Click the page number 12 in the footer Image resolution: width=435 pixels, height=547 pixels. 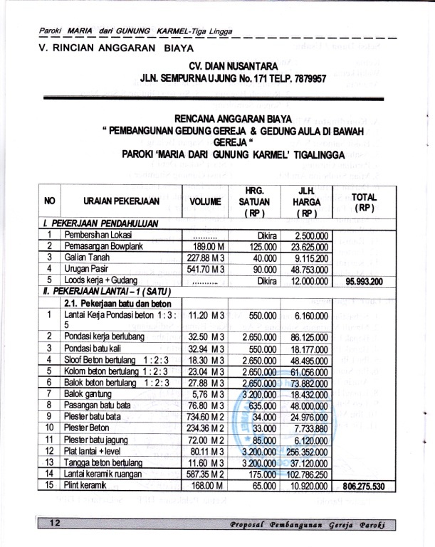click(54, 524)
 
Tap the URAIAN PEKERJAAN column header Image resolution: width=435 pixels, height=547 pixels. click(115, 201)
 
